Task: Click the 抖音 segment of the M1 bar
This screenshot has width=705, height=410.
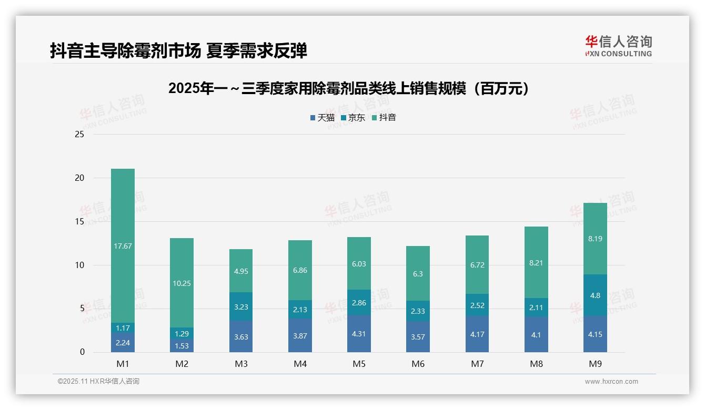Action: [x=123, y=245]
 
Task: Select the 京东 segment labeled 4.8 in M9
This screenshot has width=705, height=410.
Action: [x=595, y=295]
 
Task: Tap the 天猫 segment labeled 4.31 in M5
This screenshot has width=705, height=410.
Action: [x=359, y=333]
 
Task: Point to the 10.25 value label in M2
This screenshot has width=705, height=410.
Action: [x=182, y=283]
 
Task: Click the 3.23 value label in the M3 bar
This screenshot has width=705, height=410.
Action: [x=241, y=307]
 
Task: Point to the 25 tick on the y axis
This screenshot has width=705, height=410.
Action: [x=79, y=135]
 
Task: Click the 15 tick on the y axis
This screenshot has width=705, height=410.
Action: [x=79, y=222]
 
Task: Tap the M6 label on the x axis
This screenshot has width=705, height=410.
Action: [x=418, y=364]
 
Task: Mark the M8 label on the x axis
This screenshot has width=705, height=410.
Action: [x=536, y=364]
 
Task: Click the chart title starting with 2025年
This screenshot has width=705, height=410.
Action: [x=348, y=89]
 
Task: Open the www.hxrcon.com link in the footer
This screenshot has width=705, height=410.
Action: [x=611, y=382]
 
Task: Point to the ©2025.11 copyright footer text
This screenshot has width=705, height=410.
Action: [x=98, y=382]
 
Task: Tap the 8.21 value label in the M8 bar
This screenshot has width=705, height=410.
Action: [x=536, y=263]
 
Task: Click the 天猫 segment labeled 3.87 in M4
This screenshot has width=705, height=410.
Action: [x=300, y=335]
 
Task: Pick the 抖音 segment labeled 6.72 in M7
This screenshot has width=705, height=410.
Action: [x=477, y=265]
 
